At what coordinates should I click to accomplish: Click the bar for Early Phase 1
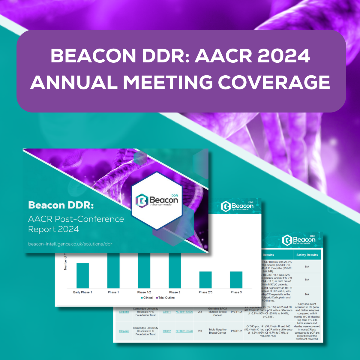click(x=82, y=275)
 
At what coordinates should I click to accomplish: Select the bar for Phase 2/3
click(x=205, y=280)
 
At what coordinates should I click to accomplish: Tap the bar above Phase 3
click(x=236, y=280)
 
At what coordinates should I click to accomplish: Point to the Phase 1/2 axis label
click(x=144, y=292)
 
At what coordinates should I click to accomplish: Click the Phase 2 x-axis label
click(x=175, y=292)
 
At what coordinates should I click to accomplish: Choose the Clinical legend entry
click(x=147, y=298)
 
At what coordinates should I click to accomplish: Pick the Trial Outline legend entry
click(x=165, y=298)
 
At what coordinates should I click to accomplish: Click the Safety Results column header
click(x=307, y=255)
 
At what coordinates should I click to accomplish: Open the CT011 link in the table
click(x=167, y=312)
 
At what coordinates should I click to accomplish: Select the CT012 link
click(x=167, y=331)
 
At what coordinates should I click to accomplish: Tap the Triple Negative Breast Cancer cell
click(x=217, y=331)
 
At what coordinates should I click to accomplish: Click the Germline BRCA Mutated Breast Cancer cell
click(x=217, y=312)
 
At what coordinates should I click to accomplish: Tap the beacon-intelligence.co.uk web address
click(x=70, y=244)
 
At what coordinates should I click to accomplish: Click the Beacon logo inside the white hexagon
click(x=157, y=200)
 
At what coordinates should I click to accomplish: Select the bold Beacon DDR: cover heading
click(x=61, y=205)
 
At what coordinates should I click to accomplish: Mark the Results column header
click(x=268, y=255)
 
